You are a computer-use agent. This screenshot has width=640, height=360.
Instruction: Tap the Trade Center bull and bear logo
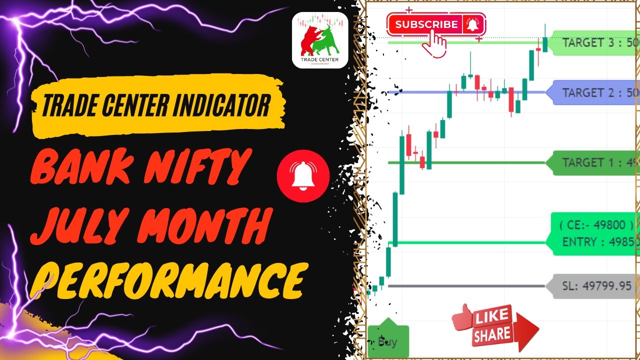(320, 40)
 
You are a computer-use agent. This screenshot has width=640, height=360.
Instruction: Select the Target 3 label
(595, 42)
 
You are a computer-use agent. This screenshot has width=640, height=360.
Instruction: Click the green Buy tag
(388, 341)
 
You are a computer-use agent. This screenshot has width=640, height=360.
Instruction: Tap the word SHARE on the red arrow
(492, 334)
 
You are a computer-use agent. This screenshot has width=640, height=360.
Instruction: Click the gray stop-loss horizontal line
(465, 286)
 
